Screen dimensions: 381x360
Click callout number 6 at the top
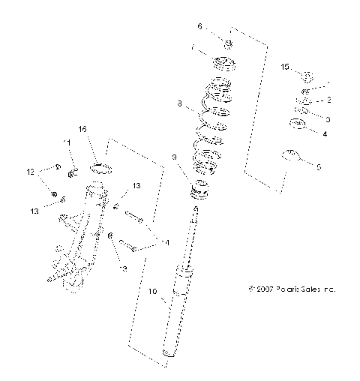pyautogui.click(x=199, y=26)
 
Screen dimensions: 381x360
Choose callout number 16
pyautogui.click(x=82, y=129)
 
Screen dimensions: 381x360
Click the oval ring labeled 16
pyautogui.click(x=101, y=167)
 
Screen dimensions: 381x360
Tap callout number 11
pyautogui.click(x=66, y=142)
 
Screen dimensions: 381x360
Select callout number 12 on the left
pyautogui.click(x=31, y=172)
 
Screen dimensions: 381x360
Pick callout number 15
pyautogui.click(x=285, y=67)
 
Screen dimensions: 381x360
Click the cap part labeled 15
pyautogui.click(x=306, y=75)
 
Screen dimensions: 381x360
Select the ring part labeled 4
pyautogui.click(x=297, y=124)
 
